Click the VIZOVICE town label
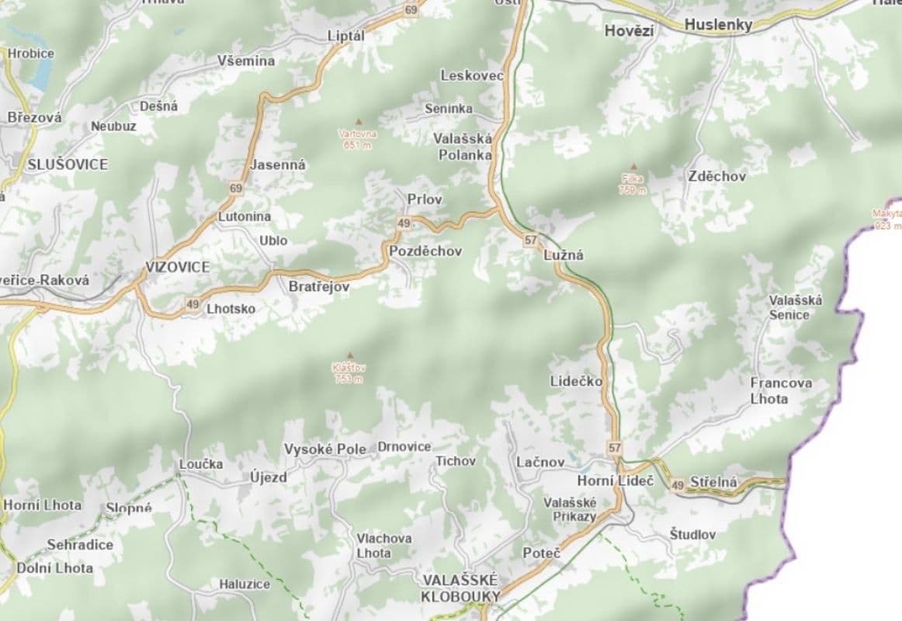(x=177, y=266)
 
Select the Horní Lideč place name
(x=615, y=481)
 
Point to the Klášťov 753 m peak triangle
(x=349, y=355)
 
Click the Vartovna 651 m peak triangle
(x=358, y=121)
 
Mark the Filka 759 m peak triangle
(x=633, y=166)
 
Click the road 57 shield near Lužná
(x=530, y=241)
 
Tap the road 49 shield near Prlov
(x=403, y=224)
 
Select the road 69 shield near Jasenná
(x=236, y=188)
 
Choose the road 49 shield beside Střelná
(x=678, y=484)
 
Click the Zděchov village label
(x=716, y=176)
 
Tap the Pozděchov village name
(x=425, y=251)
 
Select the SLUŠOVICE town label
(x=68, y=165)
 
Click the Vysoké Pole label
(x=324, y=449)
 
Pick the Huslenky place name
(x=718, y=25)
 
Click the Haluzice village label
(x=245, y=584)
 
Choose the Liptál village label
(x=345, y=36)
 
